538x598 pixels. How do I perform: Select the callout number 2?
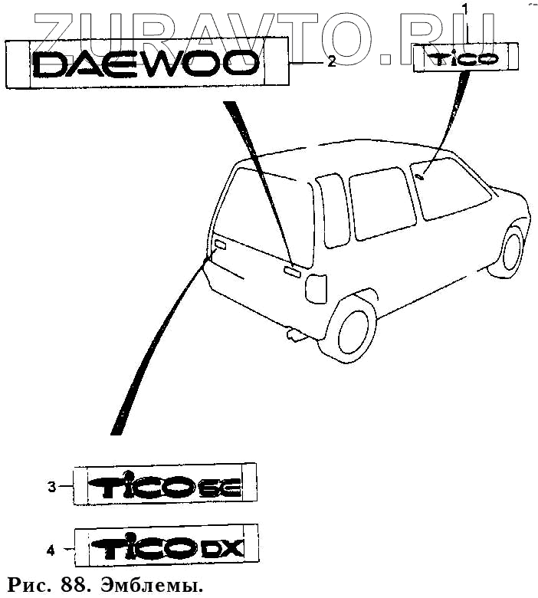click(331, 62)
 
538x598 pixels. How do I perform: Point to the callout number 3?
click(51, 486)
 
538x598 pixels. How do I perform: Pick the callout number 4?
click(51, 549)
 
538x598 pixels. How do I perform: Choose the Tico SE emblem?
click(166, 485)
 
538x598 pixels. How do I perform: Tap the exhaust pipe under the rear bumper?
click(294, 335)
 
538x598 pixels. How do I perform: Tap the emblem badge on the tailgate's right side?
click(291, 270)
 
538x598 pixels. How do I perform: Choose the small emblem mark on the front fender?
click(420, 177)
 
